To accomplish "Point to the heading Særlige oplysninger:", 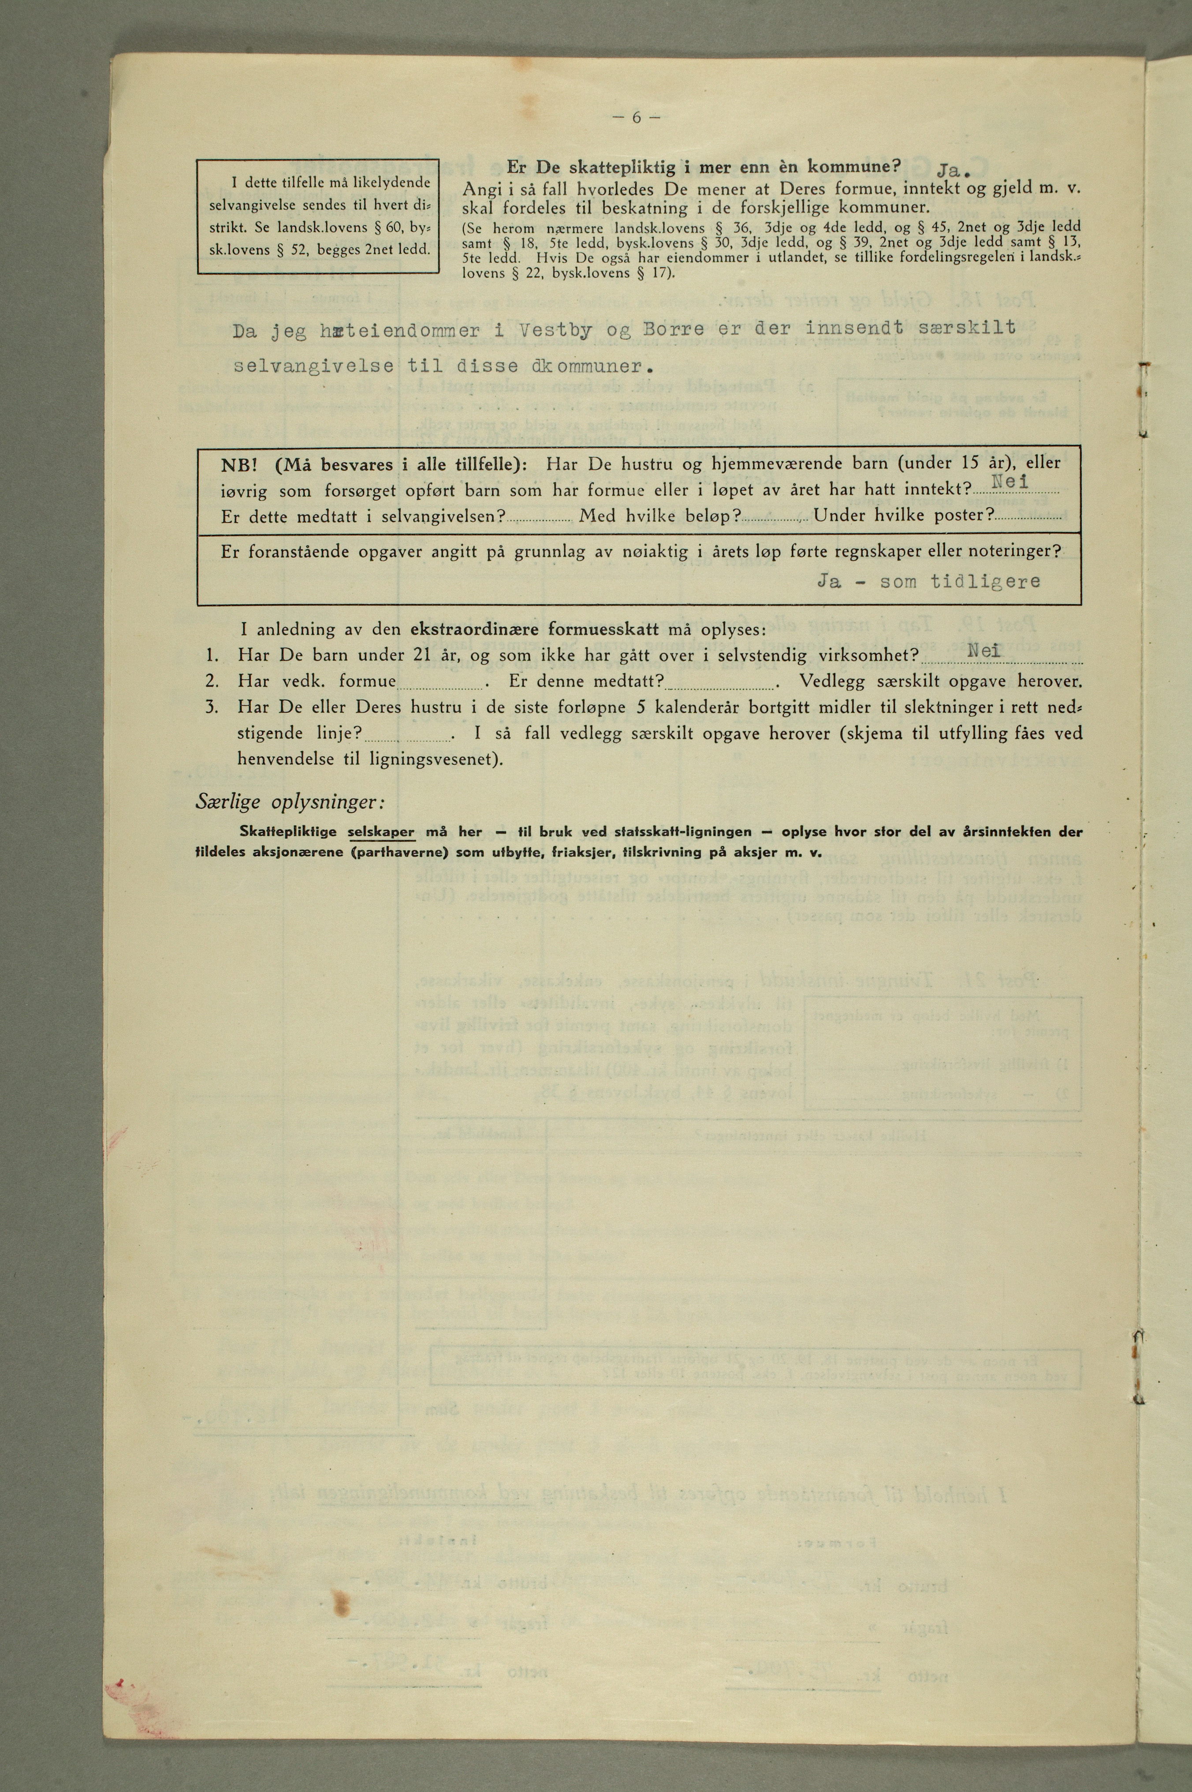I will click(291, 802).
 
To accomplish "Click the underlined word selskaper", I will click(381, 832).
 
